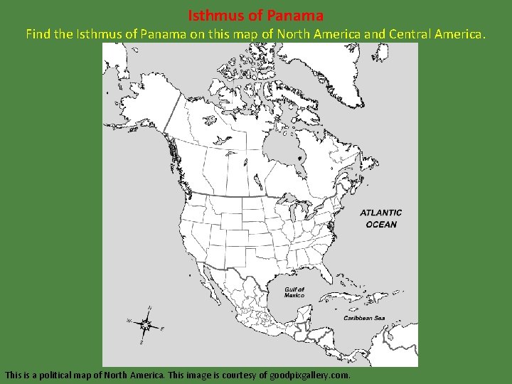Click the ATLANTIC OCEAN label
pyautogui.click(x=381, y=218)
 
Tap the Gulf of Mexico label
pyautogui.click(x=294, y=292)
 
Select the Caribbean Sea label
pyautogui.click(x=364, y=318)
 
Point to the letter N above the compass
pyautogui.click(x=149, y=308)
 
